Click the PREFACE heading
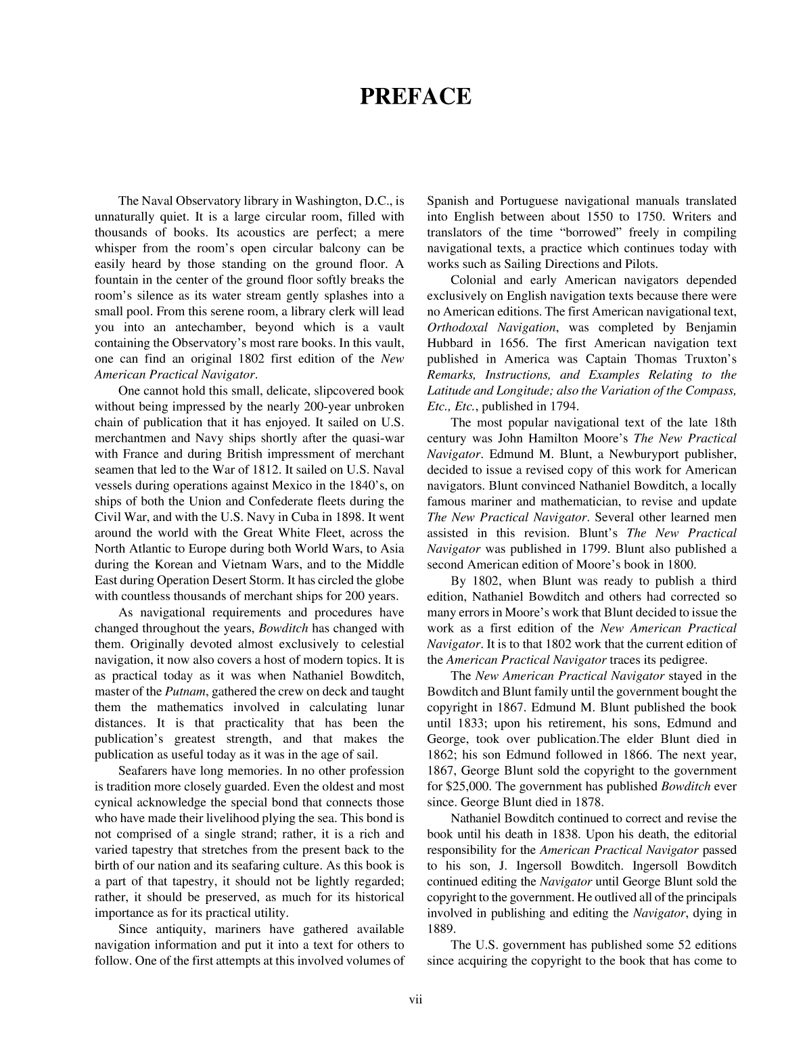(x=415, y=97)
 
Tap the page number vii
(x=415, y=1000)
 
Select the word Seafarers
(x=144, y=771)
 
